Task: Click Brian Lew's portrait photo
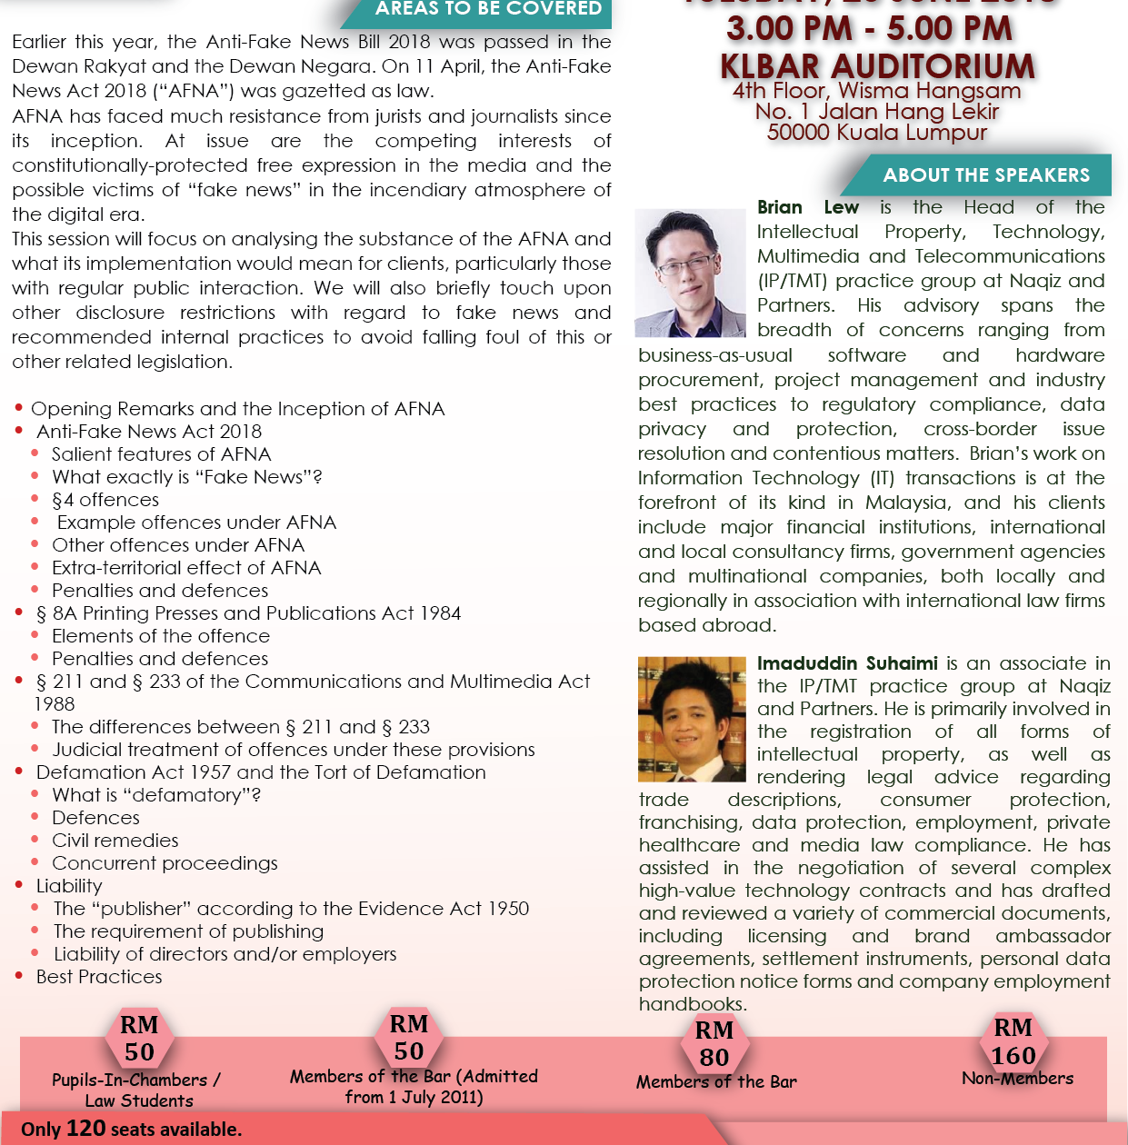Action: coord(690,273)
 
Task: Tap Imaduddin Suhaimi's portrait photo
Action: coord(692,719)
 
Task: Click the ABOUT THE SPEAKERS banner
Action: coord(985,175)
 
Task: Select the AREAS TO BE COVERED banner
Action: coord(488,9)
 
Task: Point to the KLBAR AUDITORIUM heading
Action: coord(877,65)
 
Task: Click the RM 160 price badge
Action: coord(1013,1041)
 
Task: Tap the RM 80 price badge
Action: coord(714,1044)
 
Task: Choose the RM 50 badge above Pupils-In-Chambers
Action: coord(139,1039)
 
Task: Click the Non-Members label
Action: coord(1017,1079)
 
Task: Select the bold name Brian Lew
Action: coord(807,207)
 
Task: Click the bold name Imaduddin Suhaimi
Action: coord(847,663)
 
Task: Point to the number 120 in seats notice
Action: coord(85,1129)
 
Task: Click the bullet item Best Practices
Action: coord(99,977)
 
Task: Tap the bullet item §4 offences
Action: coord(105,500)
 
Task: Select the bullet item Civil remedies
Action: coord(115,841)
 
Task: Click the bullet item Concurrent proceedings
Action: coord(165,863)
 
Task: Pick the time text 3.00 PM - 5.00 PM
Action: coord(869,28)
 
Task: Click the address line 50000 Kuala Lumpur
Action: coord(876,133)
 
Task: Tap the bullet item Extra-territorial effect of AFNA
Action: coord(186,568)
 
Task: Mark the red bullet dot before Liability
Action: coord(19,885)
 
